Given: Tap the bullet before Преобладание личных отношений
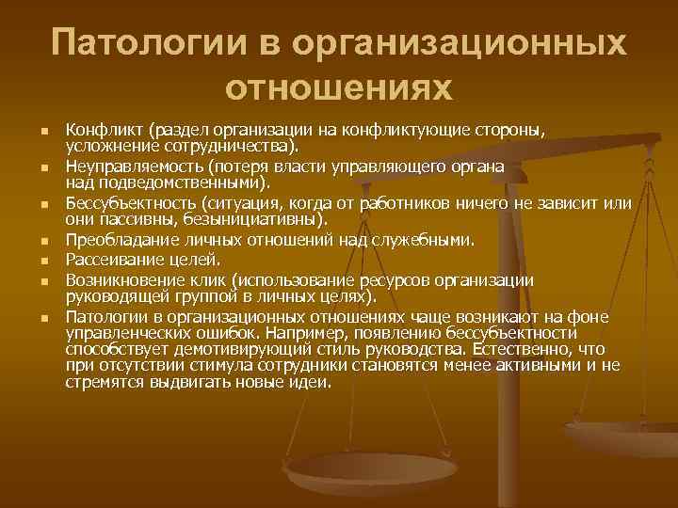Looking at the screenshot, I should click(43, 242).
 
